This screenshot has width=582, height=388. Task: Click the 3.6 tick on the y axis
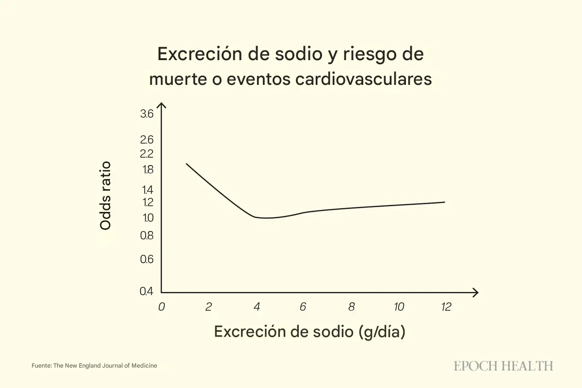tap(147, 114)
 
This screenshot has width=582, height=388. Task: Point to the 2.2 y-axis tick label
tap(147, 154)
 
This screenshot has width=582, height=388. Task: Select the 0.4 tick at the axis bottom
tap(146, 291)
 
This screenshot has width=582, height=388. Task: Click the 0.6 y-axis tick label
tap(147, 259)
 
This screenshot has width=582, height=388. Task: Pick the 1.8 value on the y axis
tap(147, 170)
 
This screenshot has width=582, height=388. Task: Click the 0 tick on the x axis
tap(162, 307)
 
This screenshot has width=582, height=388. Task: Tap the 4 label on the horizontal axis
tap(256, 307)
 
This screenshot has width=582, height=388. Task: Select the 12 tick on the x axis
tap(446, 307)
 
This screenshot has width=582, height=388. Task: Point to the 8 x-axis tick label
tap(351, 307)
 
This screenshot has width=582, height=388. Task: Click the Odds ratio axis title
tap(105, 195)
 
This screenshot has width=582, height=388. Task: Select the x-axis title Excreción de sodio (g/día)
tap(309, 332)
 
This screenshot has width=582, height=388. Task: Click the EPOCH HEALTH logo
tap(503, 366)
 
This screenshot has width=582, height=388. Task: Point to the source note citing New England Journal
tap(94, 366)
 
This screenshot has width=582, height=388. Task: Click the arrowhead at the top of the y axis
tap(162, 105)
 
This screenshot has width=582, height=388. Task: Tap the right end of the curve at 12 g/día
tap(444, 202)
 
